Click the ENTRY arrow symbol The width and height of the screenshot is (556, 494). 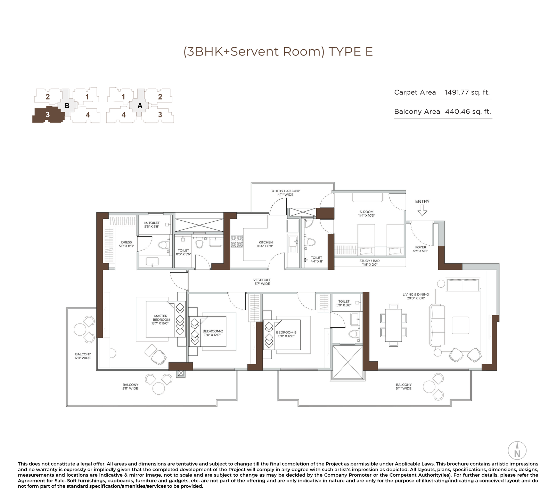point(422,210)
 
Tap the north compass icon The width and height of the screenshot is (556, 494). point(517,451)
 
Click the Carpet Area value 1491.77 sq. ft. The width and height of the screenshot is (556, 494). point(467,92)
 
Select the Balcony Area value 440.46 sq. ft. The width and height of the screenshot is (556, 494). point(468,112)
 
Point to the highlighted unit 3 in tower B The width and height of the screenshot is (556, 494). point(48,115)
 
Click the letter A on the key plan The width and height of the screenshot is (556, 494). point(140,106)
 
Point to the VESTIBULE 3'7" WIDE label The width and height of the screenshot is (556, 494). point(262,282)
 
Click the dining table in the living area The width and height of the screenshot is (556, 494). point(393,325)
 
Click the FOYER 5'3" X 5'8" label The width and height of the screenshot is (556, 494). point(420,249)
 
